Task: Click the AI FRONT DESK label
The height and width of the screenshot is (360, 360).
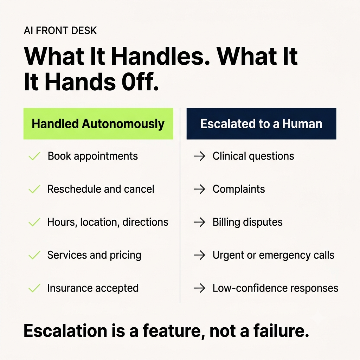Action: coord(60,31)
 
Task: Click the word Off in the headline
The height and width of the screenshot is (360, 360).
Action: coord(140,82)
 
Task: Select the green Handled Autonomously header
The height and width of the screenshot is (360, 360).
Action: coord(98,124)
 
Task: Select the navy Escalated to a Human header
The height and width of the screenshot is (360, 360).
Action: coord(261,124)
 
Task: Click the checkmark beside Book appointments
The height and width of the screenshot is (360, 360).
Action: coord(34,156)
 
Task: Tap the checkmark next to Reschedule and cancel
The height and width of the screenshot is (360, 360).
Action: coord(34,189)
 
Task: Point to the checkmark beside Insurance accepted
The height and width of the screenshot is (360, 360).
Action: coord(34,288)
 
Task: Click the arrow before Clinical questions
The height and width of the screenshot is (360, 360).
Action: coord(199,156)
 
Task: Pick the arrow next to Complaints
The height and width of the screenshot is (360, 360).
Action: coord(199,189)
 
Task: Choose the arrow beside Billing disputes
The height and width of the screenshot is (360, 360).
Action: coord(199,222)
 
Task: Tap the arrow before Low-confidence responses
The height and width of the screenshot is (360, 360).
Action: coord(199,288)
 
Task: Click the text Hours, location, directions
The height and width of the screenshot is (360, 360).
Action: coord(108,222)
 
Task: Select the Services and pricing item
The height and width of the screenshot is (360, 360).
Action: coord(94,255)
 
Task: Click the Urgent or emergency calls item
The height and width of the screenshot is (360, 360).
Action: coord(274,255)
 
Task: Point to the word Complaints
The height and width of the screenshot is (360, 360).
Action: coord(239,189)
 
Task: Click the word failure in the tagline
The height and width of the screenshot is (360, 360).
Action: coord(281,330)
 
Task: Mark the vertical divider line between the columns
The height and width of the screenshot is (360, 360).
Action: coord(180,205)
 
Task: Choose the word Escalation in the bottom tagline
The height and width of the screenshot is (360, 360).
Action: coord(65,330)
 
